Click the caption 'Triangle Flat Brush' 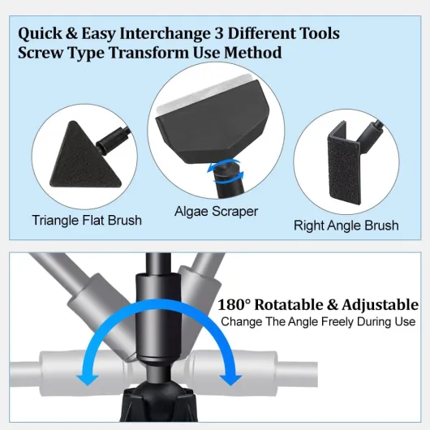[87, 220]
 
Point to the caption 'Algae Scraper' [217, 212]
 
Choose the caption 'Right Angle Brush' [346, 226]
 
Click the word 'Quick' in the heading [41, 34]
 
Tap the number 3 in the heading [218, 33]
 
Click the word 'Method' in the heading [253, 53]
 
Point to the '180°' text [234, 305]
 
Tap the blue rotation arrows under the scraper [225, 172]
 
